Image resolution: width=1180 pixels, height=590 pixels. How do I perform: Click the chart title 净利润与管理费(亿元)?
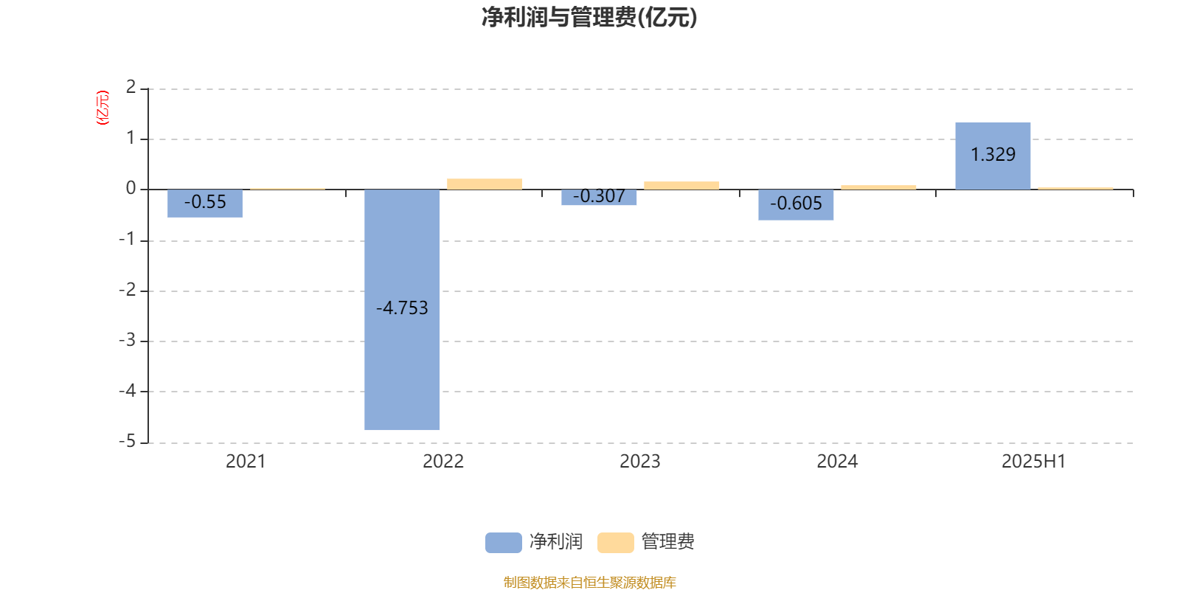point(589,18)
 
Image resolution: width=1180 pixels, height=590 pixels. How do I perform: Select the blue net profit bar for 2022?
point(402,310)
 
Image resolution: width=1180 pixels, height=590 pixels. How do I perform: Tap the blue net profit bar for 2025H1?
point(993,156)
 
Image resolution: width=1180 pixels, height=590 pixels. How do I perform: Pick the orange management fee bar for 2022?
point(485,184)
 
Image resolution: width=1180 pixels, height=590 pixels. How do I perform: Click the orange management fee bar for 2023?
point(681,185)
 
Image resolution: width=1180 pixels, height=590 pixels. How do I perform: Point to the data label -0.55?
point(205,202)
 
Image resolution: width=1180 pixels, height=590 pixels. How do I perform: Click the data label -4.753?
point(402,308)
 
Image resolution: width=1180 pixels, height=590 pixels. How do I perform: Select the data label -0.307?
point(599,196)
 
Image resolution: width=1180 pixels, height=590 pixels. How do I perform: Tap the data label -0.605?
point(796,204)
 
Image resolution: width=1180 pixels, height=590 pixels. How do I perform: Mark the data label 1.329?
point(993,154)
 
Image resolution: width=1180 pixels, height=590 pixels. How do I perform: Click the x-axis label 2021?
point(246,462)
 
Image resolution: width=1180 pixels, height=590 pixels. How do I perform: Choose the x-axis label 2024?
point(837,462)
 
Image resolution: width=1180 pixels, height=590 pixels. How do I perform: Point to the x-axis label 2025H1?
point(1033,462)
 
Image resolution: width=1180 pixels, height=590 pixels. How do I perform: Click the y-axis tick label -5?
point(127,441)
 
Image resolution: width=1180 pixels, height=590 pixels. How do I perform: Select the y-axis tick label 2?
point(131,87)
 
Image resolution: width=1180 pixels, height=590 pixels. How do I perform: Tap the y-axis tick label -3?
point(127,340)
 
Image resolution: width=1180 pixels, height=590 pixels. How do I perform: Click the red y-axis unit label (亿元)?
point(103,108)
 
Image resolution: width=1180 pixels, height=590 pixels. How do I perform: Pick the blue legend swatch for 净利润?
point(504,543)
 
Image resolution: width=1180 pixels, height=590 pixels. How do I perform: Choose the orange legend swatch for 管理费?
point(615,543)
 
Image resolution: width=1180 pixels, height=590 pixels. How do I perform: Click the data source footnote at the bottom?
point(589,582)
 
